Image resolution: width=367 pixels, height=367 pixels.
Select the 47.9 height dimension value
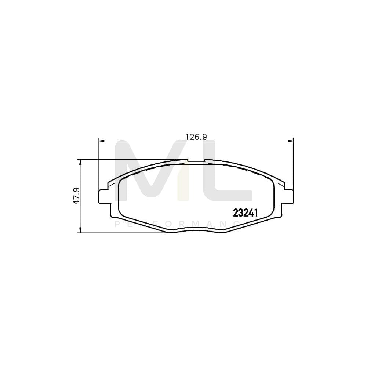(76, 196)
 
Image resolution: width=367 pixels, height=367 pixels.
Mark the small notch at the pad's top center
(196, 161)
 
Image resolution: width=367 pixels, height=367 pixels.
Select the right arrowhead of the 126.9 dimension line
(292, 140)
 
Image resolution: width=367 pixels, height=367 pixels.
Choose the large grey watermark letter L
(231, 172)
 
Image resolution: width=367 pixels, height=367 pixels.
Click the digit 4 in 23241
(252, 212)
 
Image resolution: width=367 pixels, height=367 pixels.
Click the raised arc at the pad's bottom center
(196, 229)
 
